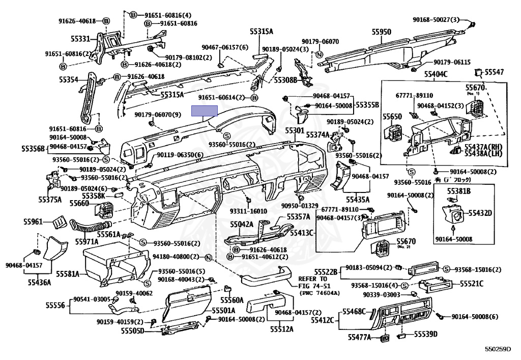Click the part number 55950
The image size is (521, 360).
pos(381,32)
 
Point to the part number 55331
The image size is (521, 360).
pos(80,38)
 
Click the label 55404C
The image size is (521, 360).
pos(436,74)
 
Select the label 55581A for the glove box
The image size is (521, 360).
pos(68,274)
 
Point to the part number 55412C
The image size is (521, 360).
pos(322,320)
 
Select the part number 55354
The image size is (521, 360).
pos(68,80)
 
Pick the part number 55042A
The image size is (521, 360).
pos(241,224)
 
